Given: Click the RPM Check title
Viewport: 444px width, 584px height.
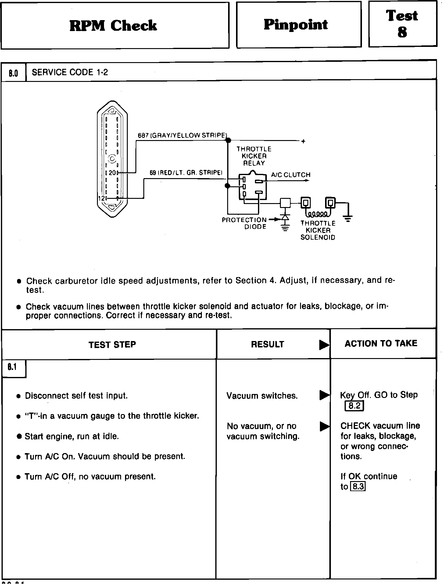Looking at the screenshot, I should point(113,26).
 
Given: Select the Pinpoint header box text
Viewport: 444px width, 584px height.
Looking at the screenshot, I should point(295,24).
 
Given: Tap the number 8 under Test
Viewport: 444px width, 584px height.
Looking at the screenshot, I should point(402,32).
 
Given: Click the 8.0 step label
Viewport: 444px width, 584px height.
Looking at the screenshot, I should point(13,73).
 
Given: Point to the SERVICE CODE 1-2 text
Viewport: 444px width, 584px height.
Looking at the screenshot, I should point(70,72).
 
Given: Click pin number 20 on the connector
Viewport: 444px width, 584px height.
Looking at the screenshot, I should point(112,173).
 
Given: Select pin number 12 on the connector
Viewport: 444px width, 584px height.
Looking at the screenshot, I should point(101,198).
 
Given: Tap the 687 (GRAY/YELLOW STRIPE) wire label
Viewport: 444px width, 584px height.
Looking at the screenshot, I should point(182,135).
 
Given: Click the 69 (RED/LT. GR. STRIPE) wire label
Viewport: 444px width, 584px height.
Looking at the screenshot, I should point(186,173).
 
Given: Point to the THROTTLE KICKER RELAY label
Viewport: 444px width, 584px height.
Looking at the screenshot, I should point(254,156).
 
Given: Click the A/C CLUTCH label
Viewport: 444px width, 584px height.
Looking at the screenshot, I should point(291,175).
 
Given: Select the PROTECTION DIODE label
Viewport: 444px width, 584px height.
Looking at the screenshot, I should point(245,223).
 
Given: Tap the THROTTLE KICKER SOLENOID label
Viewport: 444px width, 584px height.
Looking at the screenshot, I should point(318,230).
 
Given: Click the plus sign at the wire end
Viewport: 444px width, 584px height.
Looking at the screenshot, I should point(303,142).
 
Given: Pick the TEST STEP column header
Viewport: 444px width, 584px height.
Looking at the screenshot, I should point(112,345).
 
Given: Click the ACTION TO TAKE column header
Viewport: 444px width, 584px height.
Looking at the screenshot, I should point(381,343).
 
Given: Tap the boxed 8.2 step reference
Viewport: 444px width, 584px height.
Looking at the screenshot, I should point(354,406).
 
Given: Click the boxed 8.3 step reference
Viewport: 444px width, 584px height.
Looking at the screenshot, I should point(358,487).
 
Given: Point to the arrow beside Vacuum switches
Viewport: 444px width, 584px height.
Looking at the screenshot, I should point(324,395).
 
